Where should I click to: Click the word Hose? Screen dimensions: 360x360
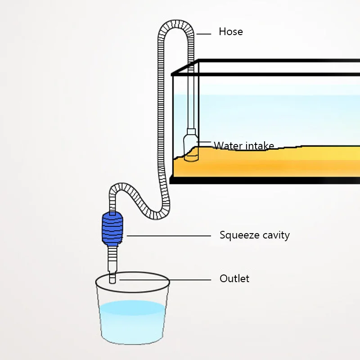tap(230, 31)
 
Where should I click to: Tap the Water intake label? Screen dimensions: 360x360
tap(243, 145)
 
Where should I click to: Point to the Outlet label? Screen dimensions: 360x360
tap(234, 279)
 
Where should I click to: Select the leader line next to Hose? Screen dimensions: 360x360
tap(204, 32)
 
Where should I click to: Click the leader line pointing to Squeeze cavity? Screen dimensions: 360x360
tap(169, 235)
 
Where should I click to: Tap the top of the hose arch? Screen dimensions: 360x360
tap(176, 23)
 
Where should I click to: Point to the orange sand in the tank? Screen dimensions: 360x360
tap(270, 162)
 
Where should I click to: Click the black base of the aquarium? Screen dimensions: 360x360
tap(265, 180)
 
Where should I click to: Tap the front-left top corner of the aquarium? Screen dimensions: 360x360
tap(172, 75)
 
